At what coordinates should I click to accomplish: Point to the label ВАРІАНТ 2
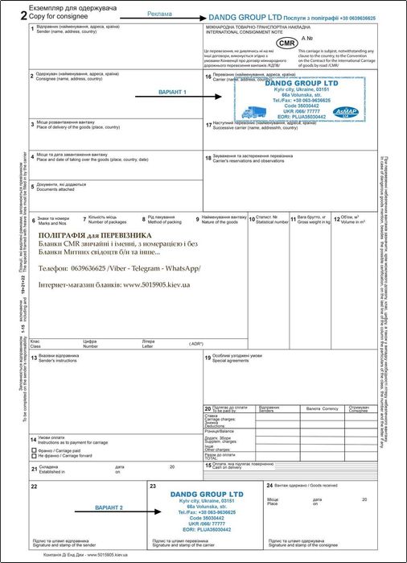tap(109, 509)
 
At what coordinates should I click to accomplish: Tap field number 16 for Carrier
tap(208, 77)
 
